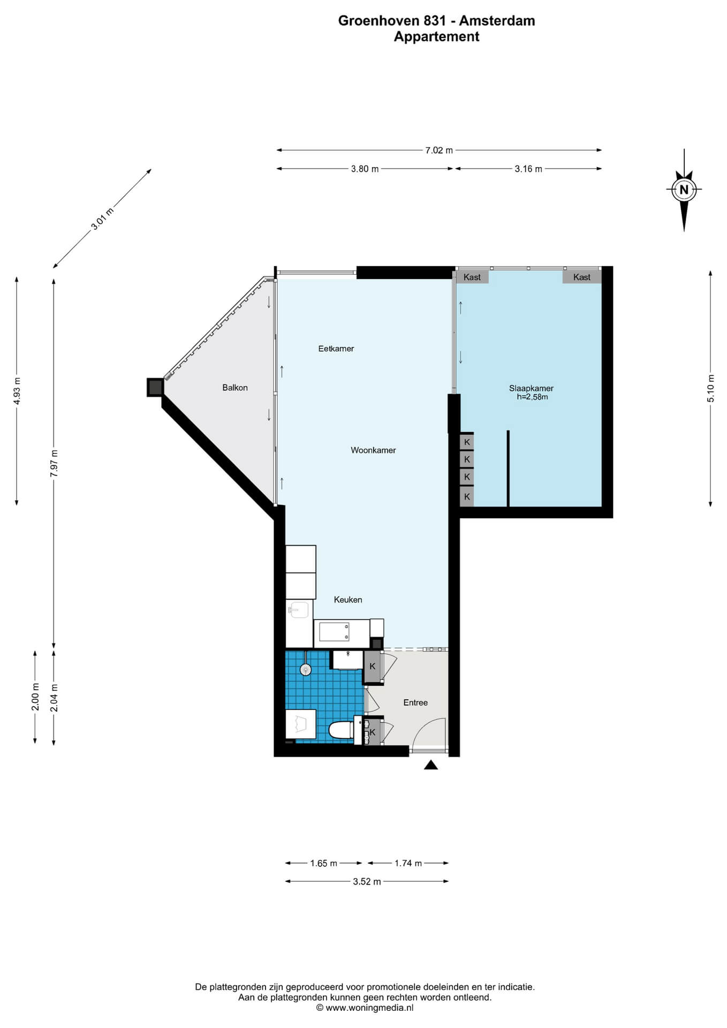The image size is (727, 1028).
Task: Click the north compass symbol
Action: coord(684,190)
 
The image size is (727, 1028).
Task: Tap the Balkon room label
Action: coord(235,388)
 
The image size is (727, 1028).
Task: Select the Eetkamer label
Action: coord(336,349)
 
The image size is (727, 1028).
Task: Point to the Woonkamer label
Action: coord(373,450)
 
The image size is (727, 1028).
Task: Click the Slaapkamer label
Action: coord(531,389)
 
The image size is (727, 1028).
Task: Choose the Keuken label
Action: coord(348,600)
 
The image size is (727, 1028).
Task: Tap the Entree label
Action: coord(415,702)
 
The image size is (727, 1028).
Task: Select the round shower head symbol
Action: coord(305,669)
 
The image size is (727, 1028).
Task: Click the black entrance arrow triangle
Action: coord(431,765)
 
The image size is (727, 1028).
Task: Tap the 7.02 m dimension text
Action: coord(439,150)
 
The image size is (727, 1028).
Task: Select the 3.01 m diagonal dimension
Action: coord(102,218)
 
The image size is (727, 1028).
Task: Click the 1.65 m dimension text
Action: coord(324,863)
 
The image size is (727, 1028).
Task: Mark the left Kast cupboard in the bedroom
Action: coord(472,277)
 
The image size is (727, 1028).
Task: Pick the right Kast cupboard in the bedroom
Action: coord(582,277)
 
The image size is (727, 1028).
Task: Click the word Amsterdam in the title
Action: coord(497,21)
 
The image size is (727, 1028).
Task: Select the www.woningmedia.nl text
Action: coord(369,1008)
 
